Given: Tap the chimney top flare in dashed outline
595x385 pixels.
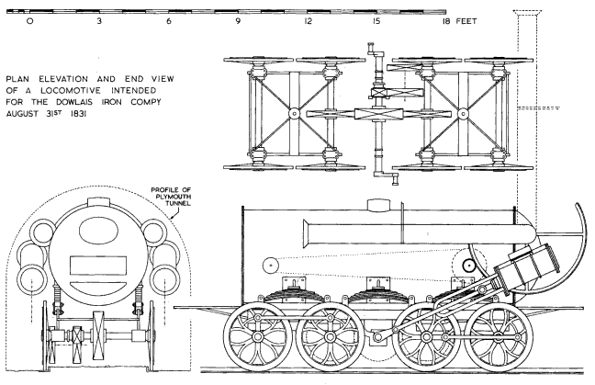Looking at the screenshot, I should click(530, 14).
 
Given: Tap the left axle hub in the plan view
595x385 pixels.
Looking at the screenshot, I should click(292, 114).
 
